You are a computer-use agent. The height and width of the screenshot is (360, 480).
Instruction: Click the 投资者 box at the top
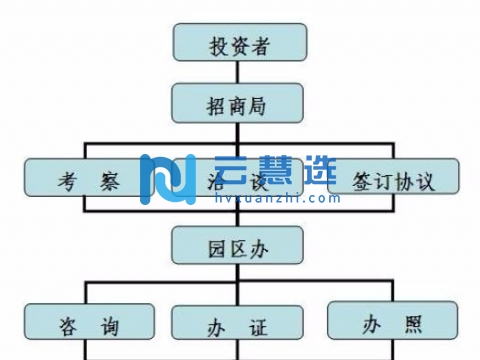240,44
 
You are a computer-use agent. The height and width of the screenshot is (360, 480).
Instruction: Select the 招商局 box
240,101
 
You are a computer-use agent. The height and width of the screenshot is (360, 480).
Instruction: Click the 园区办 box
240,246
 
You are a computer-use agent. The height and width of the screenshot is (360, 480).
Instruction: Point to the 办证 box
240,323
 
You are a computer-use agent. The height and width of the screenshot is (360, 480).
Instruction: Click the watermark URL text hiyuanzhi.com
264,198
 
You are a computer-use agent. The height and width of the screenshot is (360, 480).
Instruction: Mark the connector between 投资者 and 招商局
240,72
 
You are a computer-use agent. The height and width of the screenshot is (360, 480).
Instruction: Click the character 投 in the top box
217,44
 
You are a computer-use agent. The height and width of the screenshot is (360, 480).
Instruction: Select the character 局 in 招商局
263,101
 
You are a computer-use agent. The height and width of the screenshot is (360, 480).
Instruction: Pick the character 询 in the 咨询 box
111,323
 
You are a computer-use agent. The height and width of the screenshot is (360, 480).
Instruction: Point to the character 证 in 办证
262,323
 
